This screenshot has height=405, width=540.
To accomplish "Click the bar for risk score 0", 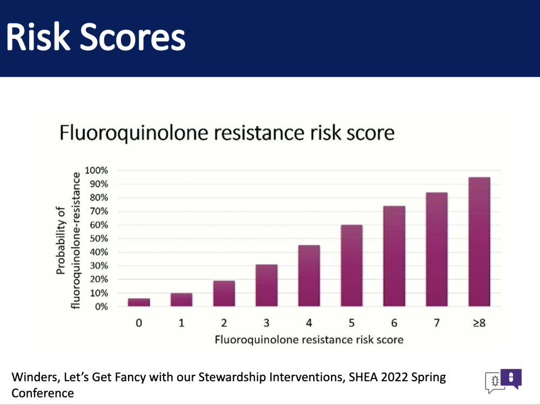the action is click(139, 302).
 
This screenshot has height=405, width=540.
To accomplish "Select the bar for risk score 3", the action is click(267, 285).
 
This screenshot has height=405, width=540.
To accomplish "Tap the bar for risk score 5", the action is click(352, 265).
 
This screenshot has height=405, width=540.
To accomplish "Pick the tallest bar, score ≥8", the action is click(480, 242).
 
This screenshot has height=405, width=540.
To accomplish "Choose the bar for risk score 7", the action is click(437, 249).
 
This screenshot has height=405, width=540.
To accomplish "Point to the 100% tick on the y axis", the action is click(97, 170).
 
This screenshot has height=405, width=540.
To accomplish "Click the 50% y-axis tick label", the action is click(99, 238).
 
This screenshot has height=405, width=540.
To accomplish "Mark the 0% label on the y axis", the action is click(102, 307).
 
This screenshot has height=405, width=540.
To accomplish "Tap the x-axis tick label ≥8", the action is click(480, 323).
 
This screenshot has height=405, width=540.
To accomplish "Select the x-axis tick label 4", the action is click(309, 323).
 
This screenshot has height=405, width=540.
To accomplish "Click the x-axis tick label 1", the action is click(181, 323).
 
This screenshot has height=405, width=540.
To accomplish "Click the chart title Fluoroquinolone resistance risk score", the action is click(227, 133).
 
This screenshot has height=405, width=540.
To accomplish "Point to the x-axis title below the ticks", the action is click(309, 340).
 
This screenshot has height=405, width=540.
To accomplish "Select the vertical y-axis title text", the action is click(68, 241).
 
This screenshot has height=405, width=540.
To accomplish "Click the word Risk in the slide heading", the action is click(38, 37).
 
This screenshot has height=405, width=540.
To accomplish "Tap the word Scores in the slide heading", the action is click(133, 37).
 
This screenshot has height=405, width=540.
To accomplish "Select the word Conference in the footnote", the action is click(43, 393).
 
